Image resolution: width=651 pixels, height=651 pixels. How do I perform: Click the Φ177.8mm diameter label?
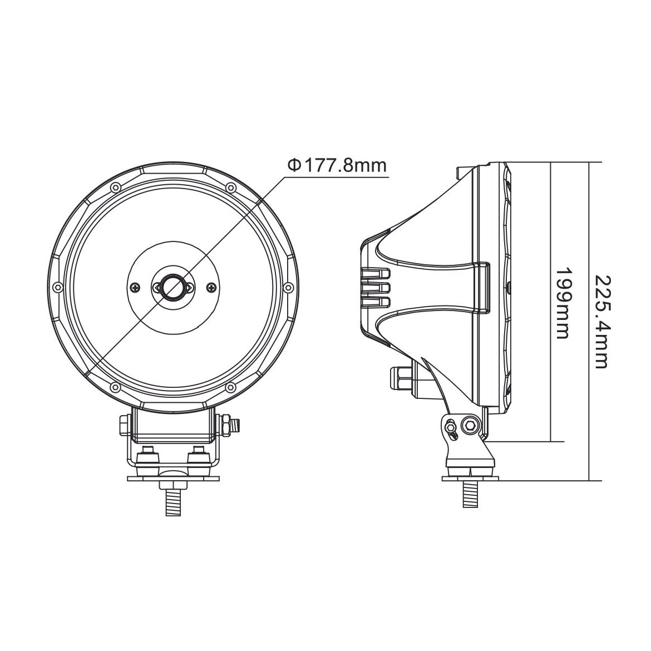pos(336,165)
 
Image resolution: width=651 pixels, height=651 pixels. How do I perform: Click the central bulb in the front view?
pos(172,287)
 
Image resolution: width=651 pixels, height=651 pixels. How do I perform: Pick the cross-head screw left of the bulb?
pos(135,287)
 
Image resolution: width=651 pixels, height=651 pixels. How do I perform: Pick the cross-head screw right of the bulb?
pos(210,287)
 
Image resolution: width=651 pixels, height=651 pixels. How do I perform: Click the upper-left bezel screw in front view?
pos(115,187)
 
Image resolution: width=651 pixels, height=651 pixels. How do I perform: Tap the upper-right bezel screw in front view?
pos(230,187)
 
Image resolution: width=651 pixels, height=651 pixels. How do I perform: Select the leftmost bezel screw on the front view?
pos(57,287)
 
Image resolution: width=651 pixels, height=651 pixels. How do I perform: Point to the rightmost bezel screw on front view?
pos(288,287)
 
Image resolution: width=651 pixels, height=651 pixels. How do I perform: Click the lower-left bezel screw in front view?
pos(115,387)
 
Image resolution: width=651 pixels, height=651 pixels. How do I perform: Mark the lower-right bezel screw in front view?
pos(230,387)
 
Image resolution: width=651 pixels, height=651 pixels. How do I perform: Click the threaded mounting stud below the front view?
pos(172,501)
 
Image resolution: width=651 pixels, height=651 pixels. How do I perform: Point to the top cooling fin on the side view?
pos(376,274)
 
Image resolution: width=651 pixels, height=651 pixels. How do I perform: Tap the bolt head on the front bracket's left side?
pos(124,426)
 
